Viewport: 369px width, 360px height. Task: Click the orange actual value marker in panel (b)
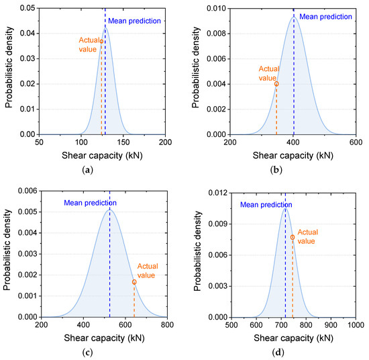[276, 84]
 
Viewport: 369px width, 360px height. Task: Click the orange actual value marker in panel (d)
[293, 237]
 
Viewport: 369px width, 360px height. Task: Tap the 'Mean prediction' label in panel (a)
[134, 21]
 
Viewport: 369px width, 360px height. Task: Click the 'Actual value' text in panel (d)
[308, 236]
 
